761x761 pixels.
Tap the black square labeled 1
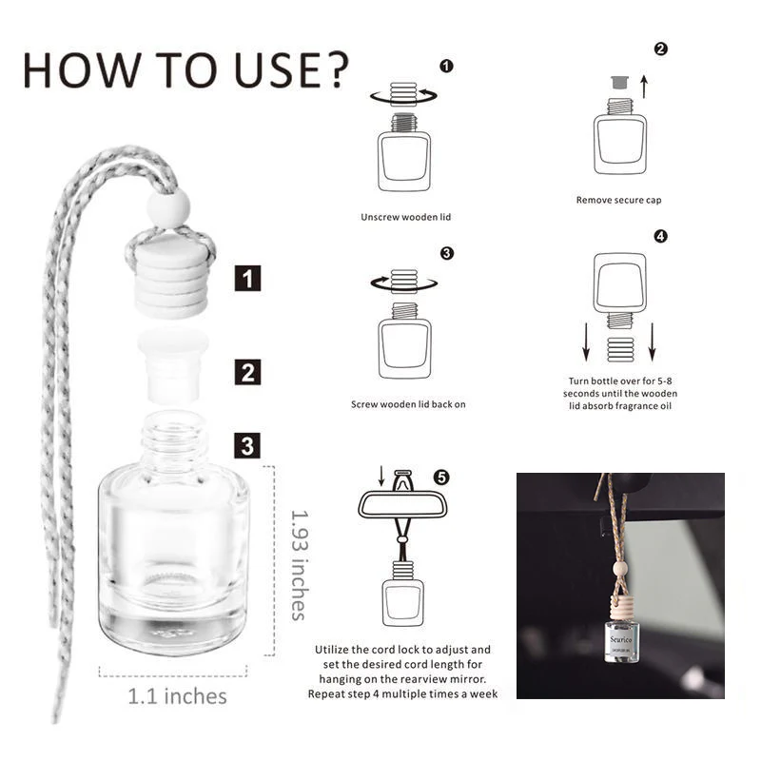click(x=247, y=279)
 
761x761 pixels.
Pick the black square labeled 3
click(x=247, y=445)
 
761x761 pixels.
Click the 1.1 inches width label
click(x=177, y=696)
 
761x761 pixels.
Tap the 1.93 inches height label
click(x=299, y=563)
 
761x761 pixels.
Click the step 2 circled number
click(x=661, y=49)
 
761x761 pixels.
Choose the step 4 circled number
click(x=661, y=236)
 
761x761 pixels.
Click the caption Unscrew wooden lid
click(x=405, y=217)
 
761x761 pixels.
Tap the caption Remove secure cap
click(x=618, y=200)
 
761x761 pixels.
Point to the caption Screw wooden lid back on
click(x=408, y=404)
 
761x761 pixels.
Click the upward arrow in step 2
click(x=643, y=88)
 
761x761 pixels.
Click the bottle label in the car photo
click(x=620, y=643)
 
